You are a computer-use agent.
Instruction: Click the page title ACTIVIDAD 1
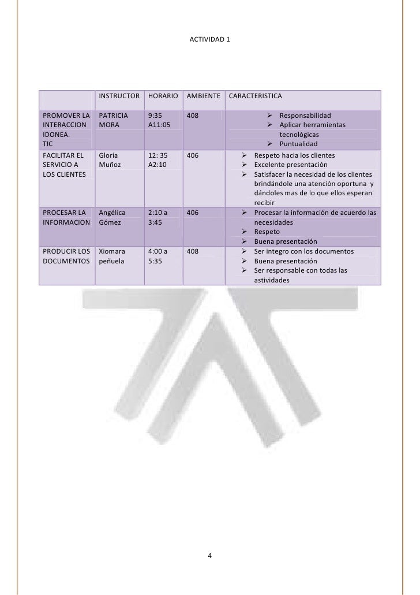coord(210,40)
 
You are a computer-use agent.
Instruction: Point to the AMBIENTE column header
coord(202,95)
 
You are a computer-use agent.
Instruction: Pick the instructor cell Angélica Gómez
coord(111,217)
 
